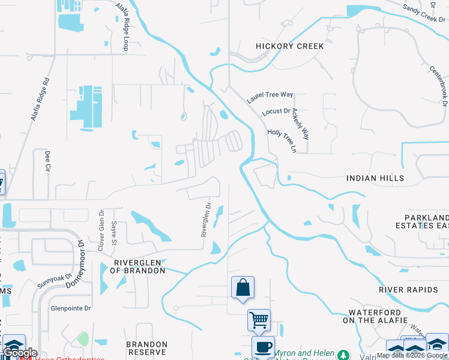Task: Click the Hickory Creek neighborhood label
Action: point(289,46)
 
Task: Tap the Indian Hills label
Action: point(375,178)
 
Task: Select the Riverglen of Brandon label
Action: point(139,266)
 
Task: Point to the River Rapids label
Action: point(408,290)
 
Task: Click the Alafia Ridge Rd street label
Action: point(40,100)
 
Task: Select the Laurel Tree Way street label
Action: point(270,94)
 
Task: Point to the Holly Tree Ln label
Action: point(282,140)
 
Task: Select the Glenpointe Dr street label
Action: point(70,308)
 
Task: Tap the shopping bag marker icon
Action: point(243,288)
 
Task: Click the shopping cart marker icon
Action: point(259,320)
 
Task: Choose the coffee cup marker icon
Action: point(262,347)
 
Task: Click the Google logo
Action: point(20,353)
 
